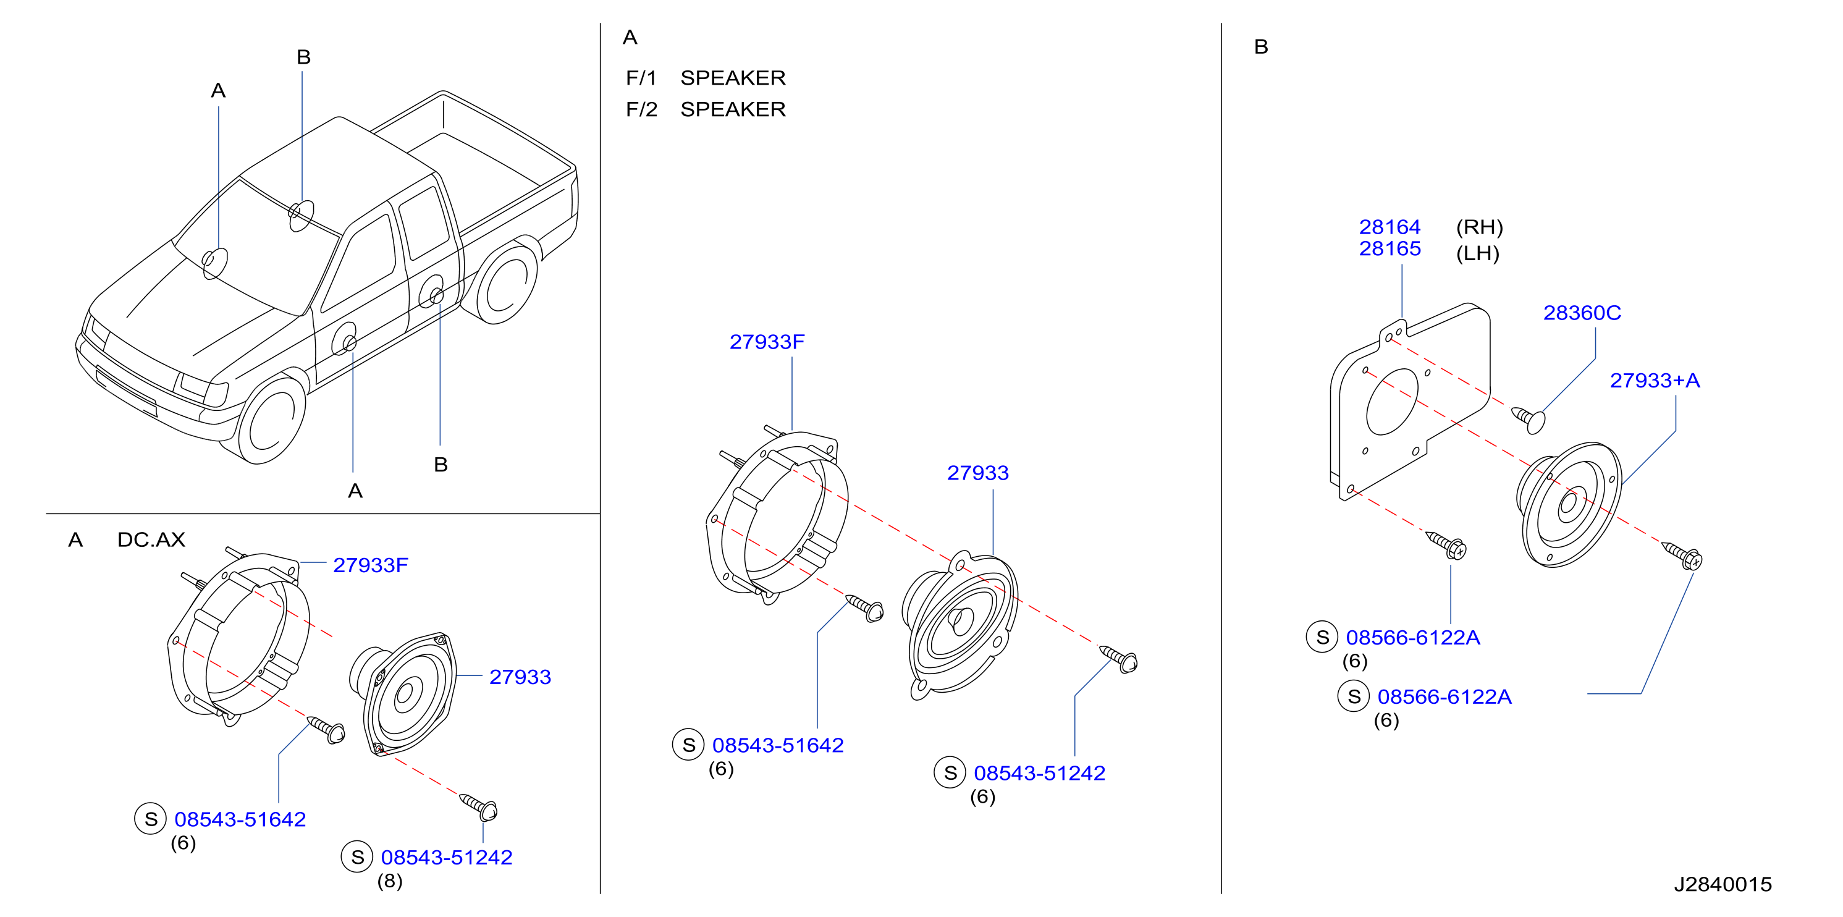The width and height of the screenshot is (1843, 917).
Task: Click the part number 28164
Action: pyautogui.click(x=1390, y=227)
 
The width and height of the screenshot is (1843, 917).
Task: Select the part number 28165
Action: pyautogui.click(x=1390, y=248)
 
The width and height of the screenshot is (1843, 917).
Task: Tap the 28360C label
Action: pyautogui.click(x=1582, y=313)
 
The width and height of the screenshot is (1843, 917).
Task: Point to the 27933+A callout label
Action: pyautogui.click(x=1654, y=381)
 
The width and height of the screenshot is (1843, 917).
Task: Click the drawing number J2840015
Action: pyautogui.click(x=1723, y=884)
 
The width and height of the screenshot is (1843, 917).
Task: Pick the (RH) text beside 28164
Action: pyautogui.click(x=1480, y=227)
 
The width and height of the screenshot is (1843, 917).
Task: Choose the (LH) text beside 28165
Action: pyautogui.click(x=1477, y=253)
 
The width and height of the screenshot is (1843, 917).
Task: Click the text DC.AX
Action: pyautogui.click(x=151, y=539)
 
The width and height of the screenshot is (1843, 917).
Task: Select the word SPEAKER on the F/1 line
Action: pyautogui.click(x=733, y=77)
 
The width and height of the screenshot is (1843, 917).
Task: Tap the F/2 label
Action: pyautogui.click(x=641, y=109)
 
